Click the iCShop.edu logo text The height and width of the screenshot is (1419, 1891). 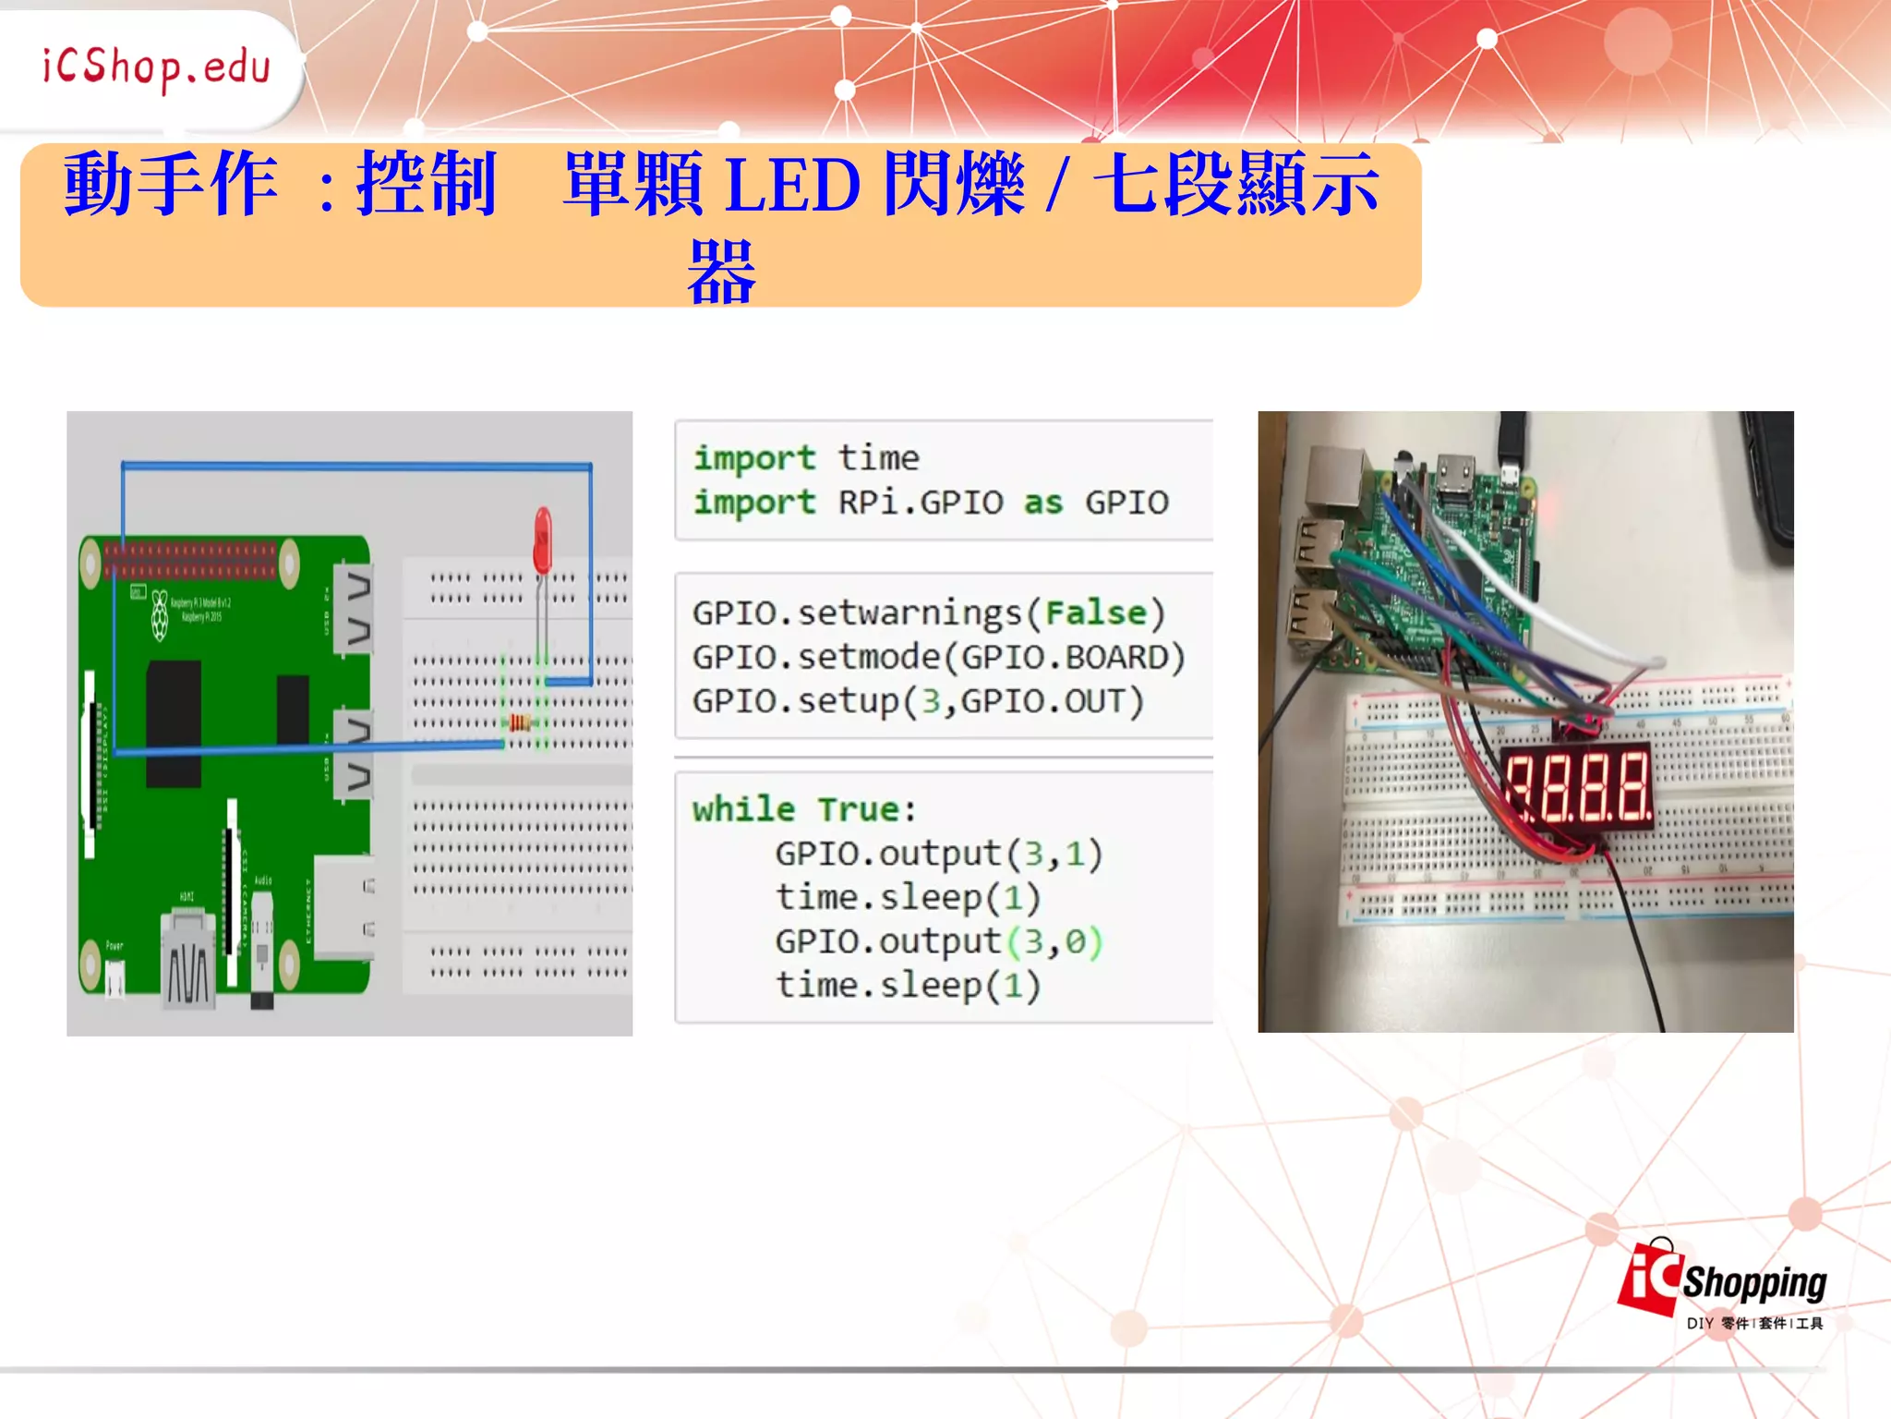156,67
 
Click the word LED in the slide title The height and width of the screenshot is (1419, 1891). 792,186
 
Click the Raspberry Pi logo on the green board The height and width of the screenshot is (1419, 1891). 160,614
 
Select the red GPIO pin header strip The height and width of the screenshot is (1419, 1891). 190,560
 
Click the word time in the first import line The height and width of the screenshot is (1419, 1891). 878,458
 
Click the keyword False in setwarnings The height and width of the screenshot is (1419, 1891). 1096,612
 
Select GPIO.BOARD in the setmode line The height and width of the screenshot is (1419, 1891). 1066,657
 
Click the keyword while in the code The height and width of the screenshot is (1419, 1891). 744,809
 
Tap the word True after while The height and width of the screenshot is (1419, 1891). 858,809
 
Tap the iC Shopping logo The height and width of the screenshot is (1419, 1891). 1722,1284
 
